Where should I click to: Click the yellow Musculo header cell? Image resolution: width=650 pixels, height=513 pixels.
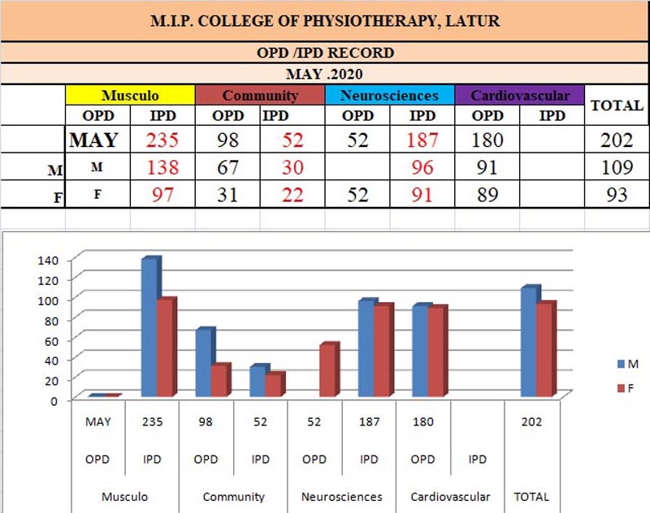click(130, 95)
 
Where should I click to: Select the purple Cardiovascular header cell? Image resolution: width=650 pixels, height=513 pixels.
click(520, 95)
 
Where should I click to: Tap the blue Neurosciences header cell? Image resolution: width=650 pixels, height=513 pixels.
click(390, 95)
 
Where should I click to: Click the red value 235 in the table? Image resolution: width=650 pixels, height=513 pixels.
click(162, 140)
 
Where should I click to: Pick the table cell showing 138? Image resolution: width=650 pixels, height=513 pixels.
click(162, 169)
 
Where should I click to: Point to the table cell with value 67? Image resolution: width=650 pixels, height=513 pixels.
click(228, 169)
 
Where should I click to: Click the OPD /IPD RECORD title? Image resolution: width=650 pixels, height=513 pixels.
click(324, 53)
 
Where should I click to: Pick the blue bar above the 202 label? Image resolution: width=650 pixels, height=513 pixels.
click(528, 342)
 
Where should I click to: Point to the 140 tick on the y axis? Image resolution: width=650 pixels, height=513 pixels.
click(48, 260)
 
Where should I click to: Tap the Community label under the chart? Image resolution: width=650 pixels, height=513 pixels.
click(233, 497)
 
